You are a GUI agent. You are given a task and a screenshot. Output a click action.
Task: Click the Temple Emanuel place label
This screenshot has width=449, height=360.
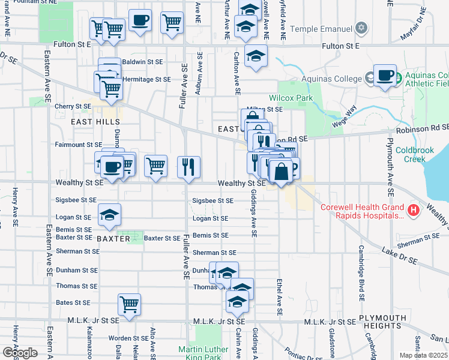[x=320, y=28]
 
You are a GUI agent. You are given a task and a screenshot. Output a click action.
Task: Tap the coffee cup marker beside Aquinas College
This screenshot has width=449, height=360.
[x=385, y=76]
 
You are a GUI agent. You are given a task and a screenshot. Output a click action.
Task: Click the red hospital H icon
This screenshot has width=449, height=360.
[x=414, y=210]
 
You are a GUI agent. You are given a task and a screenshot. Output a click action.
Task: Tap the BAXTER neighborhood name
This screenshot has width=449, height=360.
[x=113, y=239]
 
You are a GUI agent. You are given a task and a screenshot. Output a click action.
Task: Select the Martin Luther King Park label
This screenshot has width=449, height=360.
[x=203, y=353]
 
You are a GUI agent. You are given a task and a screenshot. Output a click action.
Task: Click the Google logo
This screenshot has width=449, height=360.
[x=19, y=353]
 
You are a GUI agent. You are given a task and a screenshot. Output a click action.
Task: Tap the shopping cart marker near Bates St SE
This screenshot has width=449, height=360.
[x=129, y=305]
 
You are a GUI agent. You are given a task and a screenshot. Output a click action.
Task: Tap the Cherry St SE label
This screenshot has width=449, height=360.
[x=73, y=106]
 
